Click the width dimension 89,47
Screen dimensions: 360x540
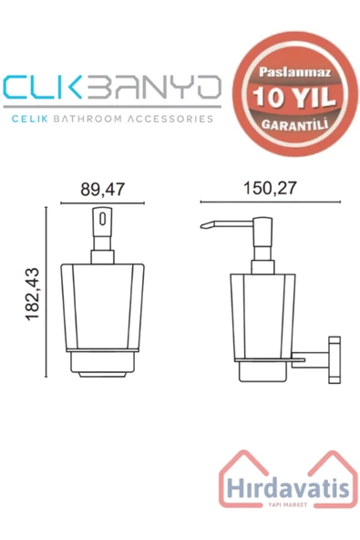tap(103, 189)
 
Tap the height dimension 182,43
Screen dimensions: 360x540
tap(33, 294)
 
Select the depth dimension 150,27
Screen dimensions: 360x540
tap(270, 188)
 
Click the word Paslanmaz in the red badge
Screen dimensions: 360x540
tap(295, 72)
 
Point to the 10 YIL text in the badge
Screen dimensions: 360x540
tap(294, 97)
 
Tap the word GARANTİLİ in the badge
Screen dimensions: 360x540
tap(294, 124)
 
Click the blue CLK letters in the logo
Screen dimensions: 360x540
tap(42, 88)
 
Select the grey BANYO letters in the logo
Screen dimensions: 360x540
tap(153, 88)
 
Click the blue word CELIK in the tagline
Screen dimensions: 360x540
tap(29, 119)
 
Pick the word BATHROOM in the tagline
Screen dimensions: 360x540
tap(88, 119)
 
